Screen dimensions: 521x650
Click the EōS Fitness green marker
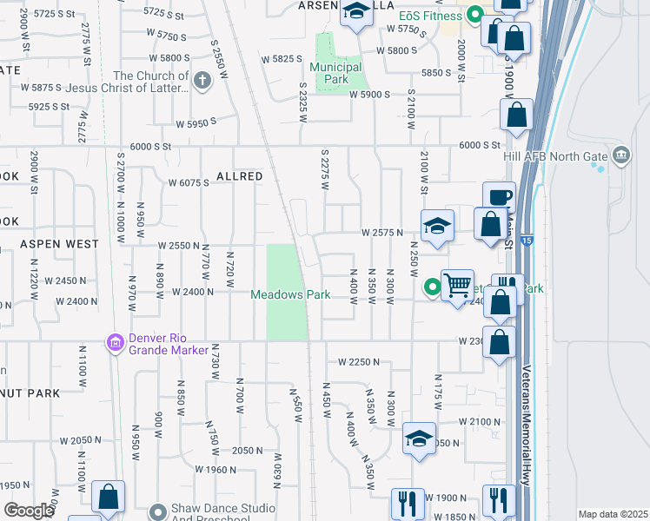coord(474,15)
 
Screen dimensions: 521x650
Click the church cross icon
coord(202,81)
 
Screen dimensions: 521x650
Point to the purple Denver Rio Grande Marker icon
coord(114,344)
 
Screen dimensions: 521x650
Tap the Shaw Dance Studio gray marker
coord(157,511)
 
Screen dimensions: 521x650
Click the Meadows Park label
coord(290,295)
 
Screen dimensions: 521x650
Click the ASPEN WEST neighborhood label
coord(59,244)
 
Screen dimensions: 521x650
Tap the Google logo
coord(30,511)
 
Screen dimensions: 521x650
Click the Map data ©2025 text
coord(613,514)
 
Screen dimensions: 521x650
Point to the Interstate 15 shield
coord(526,240)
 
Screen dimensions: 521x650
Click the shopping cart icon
coord(457,284)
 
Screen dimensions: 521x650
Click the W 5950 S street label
coord(196,124)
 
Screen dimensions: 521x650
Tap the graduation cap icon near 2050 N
coord(419,439)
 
